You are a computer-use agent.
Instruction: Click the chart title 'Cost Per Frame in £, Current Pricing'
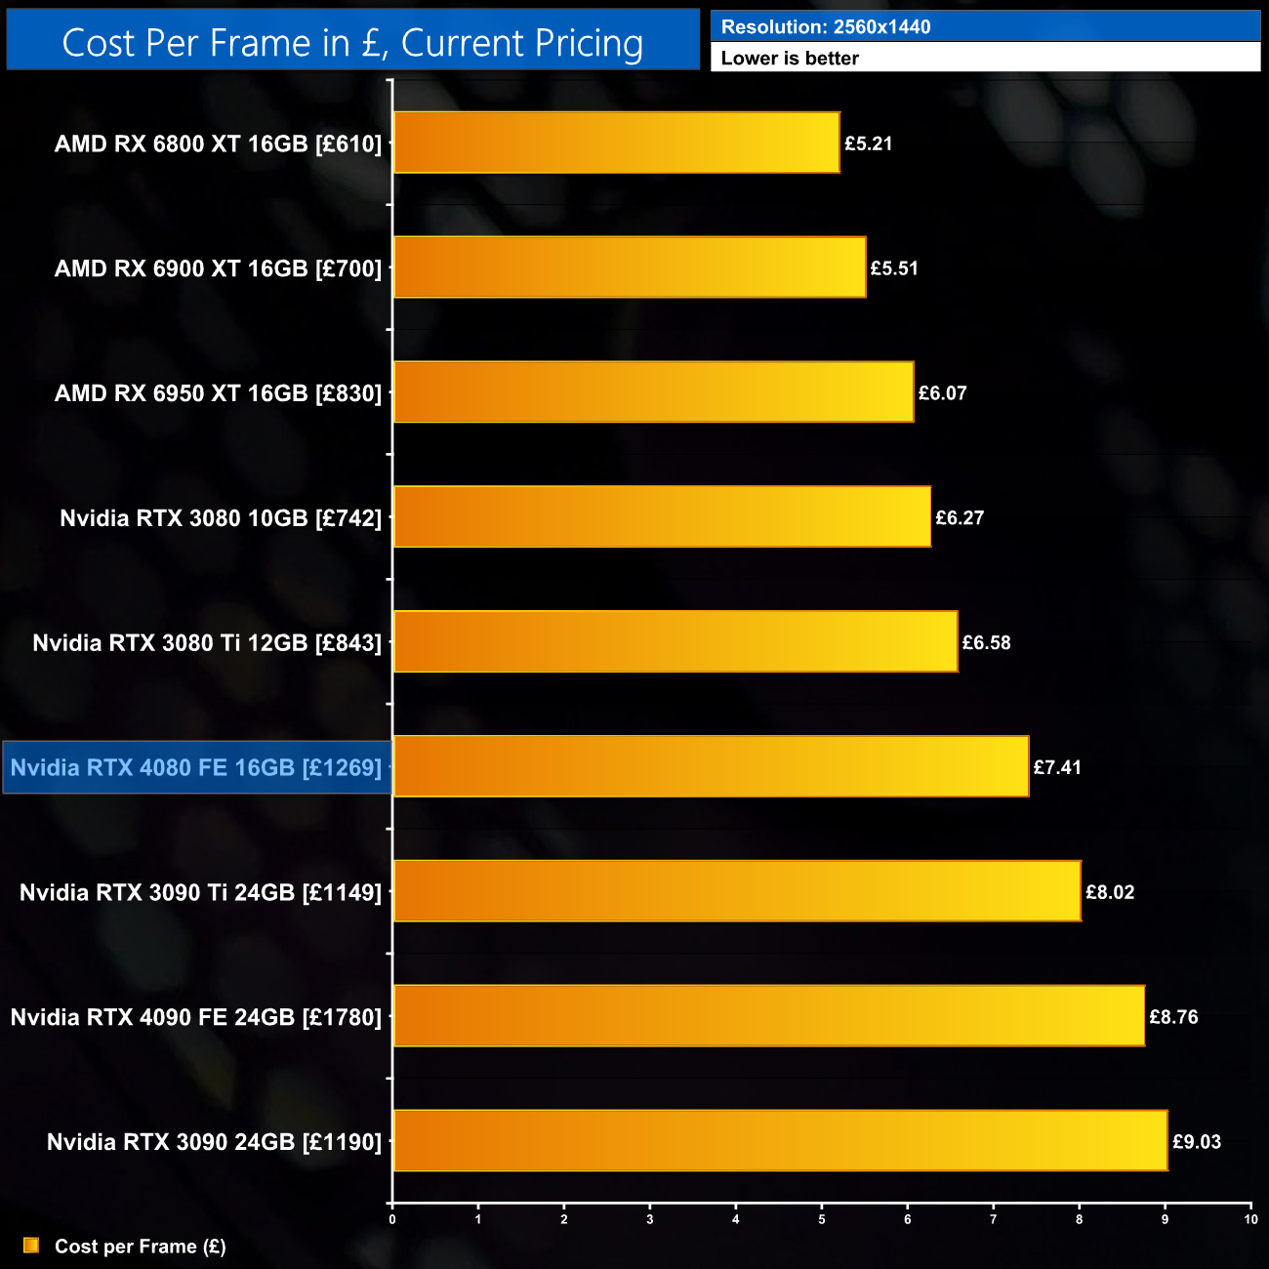pos(352,43)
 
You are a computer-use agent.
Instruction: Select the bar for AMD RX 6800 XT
pos(616,143)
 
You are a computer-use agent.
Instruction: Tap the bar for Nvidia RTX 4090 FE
pos(768,1016)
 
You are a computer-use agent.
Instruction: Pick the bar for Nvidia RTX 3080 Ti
pos(675,641)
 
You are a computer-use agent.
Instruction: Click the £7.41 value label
pos(1057,767)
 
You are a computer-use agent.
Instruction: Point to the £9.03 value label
pos(1196,1141)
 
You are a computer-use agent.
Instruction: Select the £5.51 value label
pos(894,267)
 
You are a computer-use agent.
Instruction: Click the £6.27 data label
pos(960,517)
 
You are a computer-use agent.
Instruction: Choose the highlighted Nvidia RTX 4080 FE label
pos(196,767)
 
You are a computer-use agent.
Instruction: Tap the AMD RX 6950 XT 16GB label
pos(218,392)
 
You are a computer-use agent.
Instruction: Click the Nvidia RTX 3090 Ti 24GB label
pos(200,892)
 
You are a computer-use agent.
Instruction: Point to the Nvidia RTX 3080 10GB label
pos(221,517)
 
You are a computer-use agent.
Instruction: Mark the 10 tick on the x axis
pos(1250,1219)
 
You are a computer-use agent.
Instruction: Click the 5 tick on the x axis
pos(822,1219)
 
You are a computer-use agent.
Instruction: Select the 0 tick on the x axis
pos(392,1219)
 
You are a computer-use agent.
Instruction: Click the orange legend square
pos(31,1246)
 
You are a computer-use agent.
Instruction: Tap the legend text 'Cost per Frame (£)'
pos(141,1247)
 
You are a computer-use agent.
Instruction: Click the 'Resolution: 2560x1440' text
pos(826,27)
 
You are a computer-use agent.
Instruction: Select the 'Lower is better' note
pos(790,59)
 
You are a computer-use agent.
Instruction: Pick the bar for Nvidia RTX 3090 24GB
pos(780,1140)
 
